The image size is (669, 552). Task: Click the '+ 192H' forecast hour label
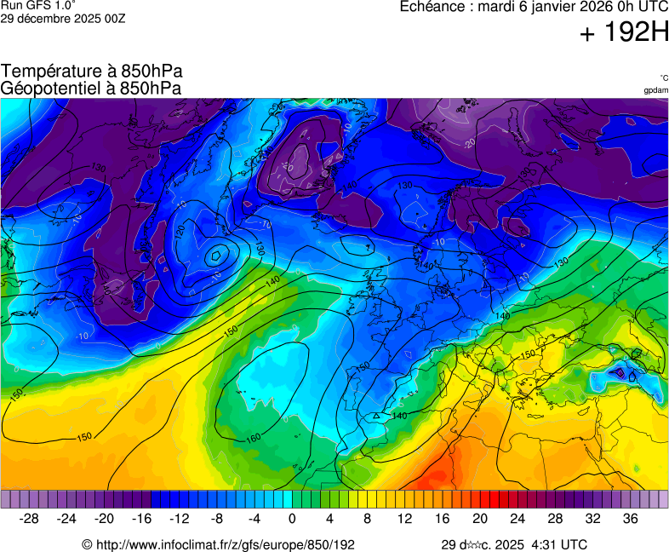click(x=624, y=33)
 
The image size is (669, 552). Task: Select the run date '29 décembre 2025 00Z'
click(x=63, y=18)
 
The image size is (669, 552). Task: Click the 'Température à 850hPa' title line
click(x=92, y=72)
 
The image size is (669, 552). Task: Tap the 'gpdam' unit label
click(x=655, y=90)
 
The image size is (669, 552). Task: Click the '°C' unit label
click(x=663, y=78)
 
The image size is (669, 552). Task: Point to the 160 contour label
click(x=254, y=439)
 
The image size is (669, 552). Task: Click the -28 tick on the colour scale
click(x=30, y=518)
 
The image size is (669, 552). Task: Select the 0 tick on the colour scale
click(x=292, y=518)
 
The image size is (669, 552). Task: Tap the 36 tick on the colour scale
click(x=630, y=518)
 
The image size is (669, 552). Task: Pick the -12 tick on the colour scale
click(x=180, y=518)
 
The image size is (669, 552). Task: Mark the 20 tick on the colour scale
click(x=480, y=518)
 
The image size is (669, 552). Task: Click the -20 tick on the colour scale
click(x=105, y=518)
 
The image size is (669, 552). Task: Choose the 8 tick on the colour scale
click(x=367, y=518)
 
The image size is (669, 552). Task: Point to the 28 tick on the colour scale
click(x=555, y=518)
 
